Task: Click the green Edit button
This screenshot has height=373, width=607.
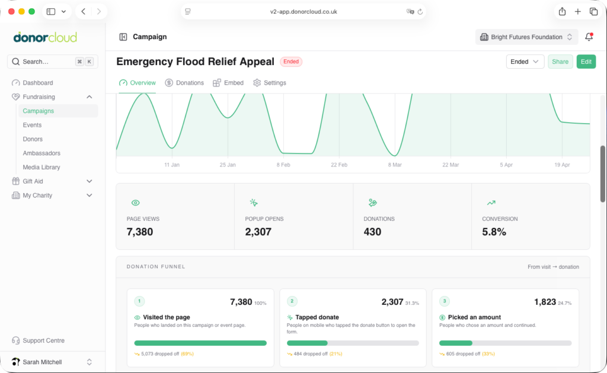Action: click(x=586, y=62)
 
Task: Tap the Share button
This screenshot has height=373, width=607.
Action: click(x=560, y=62)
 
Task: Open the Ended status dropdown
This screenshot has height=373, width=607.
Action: click(x=525, y=62)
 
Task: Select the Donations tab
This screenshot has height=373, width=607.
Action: click(x=184, y=83)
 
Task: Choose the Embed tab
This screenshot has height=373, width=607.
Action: click(x=228, y=83)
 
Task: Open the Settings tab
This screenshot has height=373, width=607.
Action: click(x=270, y=83)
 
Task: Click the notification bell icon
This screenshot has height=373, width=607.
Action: click(x=589, y=37)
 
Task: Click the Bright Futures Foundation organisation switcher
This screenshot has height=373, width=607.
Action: click(x=526, y=37)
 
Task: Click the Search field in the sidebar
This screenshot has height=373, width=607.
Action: click(x=53, y=62)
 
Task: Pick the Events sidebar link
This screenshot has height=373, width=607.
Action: click(x=32, y=125)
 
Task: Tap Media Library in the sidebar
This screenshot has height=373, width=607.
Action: click(x=41, y=167)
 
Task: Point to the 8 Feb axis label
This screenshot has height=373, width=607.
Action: click(x=283, y=165)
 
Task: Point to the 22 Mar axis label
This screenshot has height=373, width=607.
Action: click(x=451, y=165)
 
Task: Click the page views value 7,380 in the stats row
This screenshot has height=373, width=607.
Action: click(x=140, y=231)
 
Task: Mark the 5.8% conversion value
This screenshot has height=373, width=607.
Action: click(x=494, y=231)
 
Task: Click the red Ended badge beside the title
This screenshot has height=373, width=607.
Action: click(x=291, y=62)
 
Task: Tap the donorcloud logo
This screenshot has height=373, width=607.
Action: click(x=45, y=37)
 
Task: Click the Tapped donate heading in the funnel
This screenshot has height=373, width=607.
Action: click(x=317, y=317)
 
